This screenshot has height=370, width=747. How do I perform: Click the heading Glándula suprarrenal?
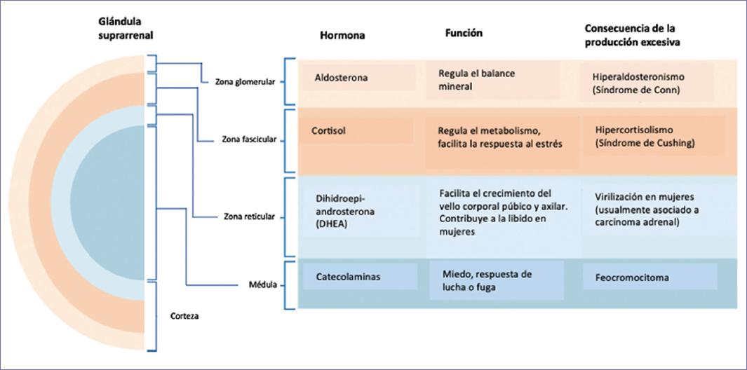tap(125, 29)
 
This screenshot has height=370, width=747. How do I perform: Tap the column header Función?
tap(464, 33)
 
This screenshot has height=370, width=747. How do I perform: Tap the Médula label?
tap(263, 285)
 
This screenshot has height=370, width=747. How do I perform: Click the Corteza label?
tap(184, 316)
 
